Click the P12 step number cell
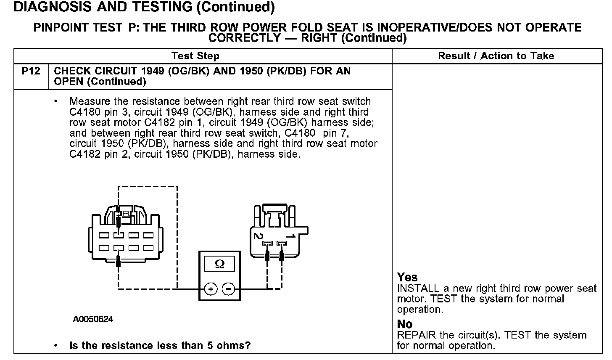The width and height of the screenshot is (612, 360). click(31, 71)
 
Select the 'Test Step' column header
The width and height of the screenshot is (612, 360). click(195, 56)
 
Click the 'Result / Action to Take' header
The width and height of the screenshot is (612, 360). click(496, 56)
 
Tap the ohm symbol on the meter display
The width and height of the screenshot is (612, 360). click(219, 264)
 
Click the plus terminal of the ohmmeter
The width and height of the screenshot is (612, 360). click(211, 289)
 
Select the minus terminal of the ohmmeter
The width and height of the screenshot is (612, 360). click(228, 289)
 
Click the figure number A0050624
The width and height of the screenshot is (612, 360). click(93, 319)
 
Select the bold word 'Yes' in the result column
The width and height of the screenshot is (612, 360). click(407, 277)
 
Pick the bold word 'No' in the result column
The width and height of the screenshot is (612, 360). click(405, 324)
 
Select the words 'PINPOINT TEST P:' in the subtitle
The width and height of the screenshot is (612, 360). click(87, 28)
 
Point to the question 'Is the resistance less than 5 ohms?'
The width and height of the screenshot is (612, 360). click(160, 346)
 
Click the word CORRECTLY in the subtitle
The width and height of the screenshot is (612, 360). click(245, 38)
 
